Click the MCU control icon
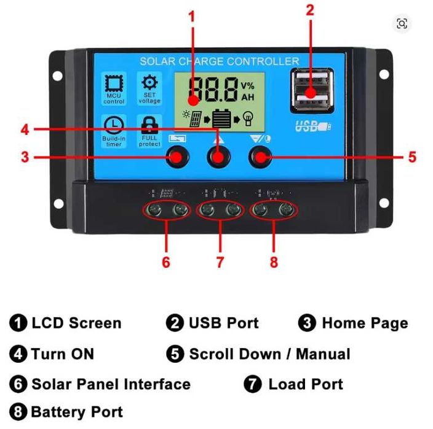[x=114, y=88]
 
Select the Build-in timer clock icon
[x=114, y=130]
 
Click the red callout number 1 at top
[x=192, y=16]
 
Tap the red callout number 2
[x=310, y=10]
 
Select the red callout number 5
[x=411, y=157]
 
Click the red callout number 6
[x=165, y=262]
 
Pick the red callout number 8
[x=274, y=262]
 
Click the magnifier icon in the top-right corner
[x=402, y=24]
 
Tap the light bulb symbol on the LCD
[x=248, y=118]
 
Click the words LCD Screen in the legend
[x=76, y=323]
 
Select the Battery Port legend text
[x=76, y=412]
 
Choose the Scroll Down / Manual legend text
[x=269, y=354]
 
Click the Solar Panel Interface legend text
[x=111, y=385]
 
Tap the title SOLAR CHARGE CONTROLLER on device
[x=219, y=61]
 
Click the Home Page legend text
[x=364, y=323]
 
